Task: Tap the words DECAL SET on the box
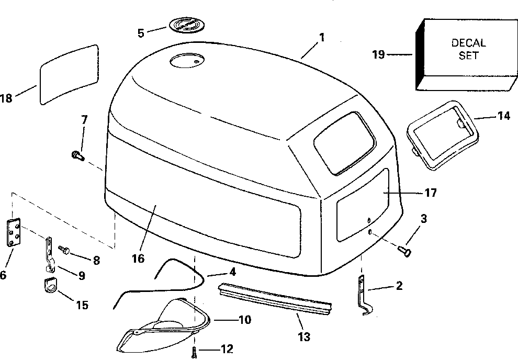468,49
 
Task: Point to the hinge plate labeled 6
14,232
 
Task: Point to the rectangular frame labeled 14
443,134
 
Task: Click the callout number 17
431,193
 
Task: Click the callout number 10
244,319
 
